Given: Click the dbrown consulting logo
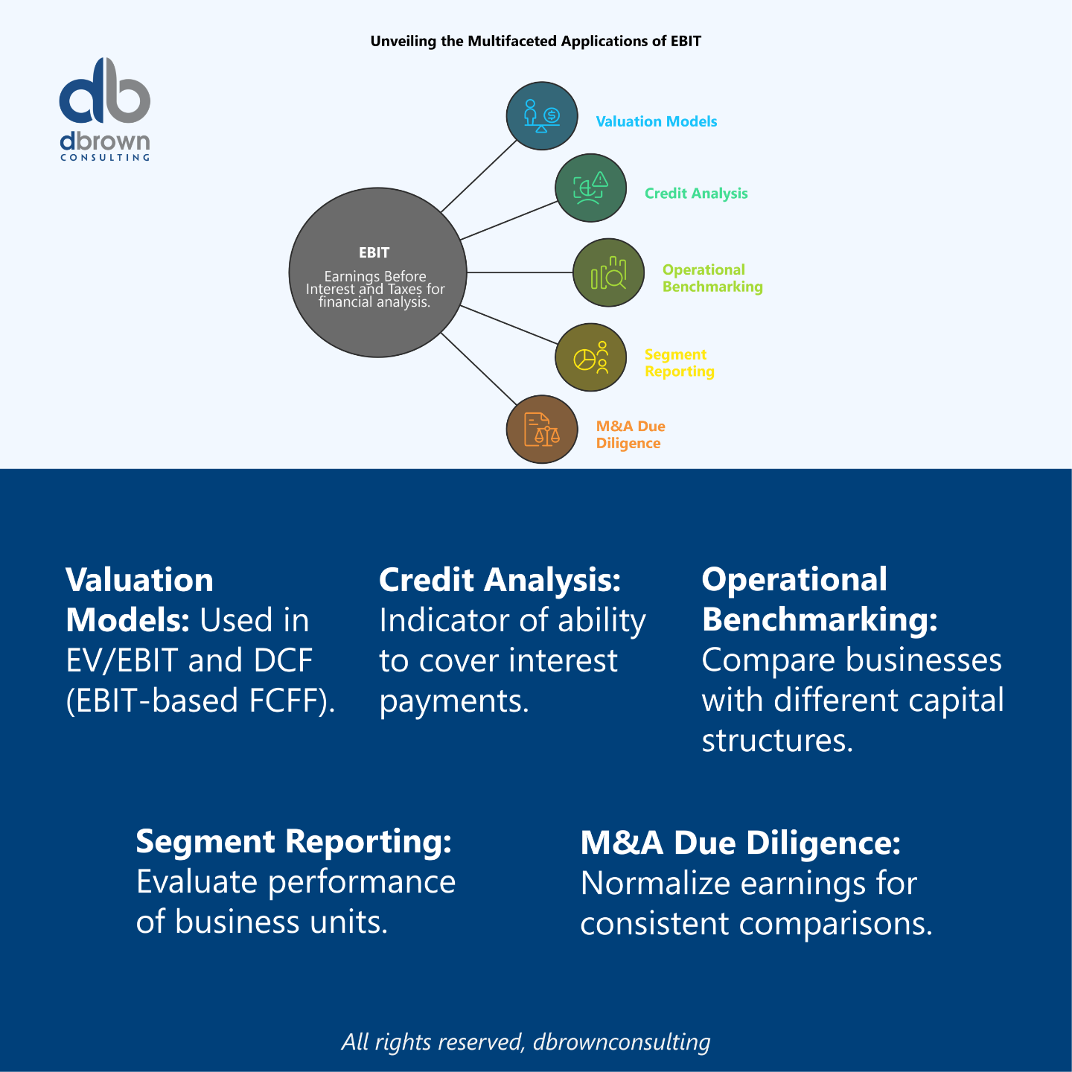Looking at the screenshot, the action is point(105,109).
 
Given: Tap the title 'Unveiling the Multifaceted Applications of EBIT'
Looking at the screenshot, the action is point(536,42).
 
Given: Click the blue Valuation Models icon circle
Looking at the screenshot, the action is point(542,116).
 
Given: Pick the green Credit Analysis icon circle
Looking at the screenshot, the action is point(590,188).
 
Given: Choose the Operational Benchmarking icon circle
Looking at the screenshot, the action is point(608,272).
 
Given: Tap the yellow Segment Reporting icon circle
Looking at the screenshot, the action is point(590,357).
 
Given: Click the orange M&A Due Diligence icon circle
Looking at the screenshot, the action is point(542,430).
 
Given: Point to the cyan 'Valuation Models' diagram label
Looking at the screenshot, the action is point(657,121).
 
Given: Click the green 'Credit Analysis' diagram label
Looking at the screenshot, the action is point(696,194).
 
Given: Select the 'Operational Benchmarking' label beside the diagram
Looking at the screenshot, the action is point(712,278).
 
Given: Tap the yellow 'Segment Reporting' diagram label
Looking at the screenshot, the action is point(679,363).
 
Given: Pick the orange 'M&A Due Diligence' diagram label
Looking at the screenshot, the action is point(630,435).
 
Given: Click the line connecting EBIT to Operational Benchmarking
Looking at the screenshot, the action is point(520,272).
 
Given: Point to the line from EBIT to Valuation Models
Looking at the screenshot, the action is point(479,176).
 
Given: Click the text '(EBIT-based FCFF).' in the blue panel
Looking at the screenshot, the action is point(200,701).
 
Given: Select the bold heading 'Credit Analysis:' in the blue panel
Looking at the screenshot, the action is point(500,581).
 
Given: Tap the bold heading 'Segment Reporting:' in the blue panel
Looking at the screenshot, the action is point(293,842).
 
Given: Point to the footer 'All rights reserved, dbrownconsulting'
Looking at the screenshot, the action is point(526,1042).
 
